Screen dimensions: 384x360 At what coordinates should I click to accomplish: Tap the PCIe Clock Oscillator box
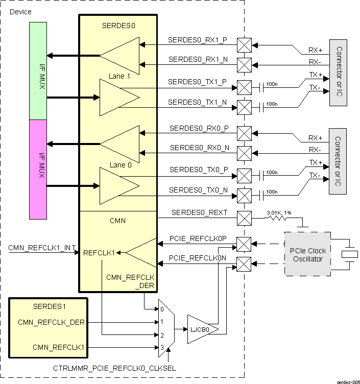308,255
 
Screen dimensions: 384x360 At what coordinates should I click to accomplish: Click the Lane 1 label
118,76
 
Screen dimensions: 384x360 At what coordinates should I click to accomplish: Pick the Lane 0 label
118,165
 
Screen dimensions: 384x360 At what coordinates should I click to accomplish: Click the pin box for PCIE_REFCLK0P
245,244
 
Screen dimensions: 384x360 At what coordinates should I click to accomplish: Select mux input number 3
162,348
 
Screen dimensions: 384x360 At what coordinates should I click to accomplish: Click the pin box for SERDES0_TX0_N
245,195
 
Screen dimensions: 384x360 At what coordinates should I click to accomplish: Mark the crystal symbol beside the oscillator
349,254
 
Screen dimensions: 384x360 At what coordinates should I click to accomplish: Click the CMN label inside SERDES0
118,221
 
